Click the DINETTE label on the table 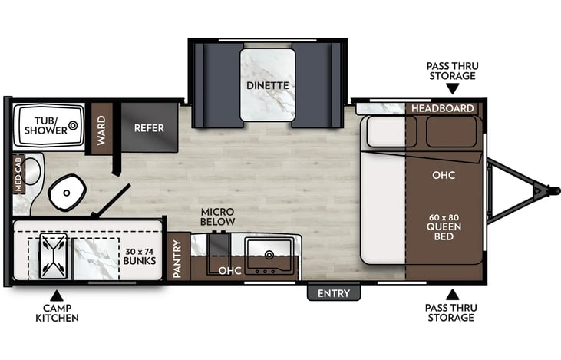click(267, 85)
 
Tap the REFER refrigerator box click(149, 127)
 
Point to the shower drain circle click(74, 124)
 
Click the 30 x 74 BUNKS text click(140, 254)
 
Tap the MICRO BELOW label click(217, 216)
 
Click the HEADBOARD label click(442, 108)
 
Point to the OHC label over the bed click(444, 175)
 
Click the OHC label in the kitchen click(229, 271)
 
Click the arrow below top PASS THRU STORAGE click(452, 90)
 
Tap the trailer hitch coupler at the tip click(548, 189)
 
